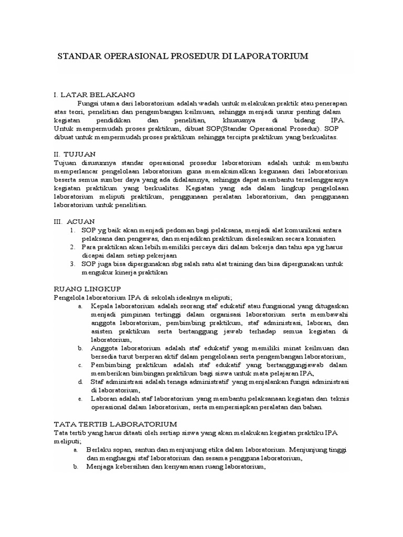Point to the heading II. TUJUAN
coord(75,154)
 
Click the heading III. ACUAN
coord(75,222)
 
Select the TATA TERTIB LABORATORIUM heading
coord(116,423)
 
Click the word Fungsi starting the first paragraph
coord(88,103)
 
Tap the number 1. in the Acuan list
coord(71,230)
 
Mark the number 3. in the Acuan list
coord(71,264)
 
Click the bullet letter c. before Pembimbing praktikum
coord(80,365)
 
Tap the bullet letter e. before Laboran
coord(80,399)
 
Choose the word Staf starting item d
coord(97,382)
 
